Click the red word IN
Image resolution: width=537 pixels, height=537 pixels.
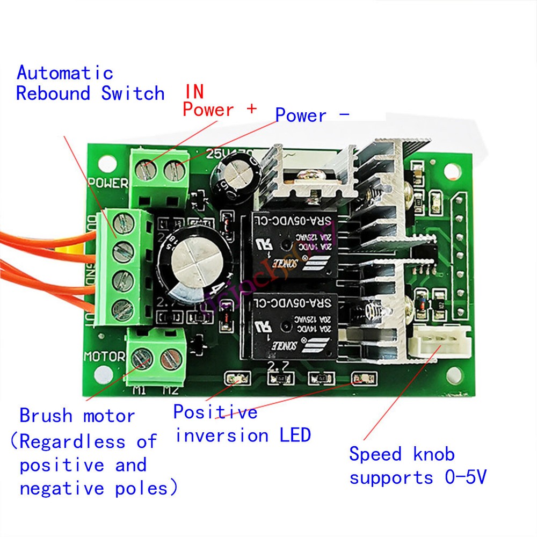[194, 91]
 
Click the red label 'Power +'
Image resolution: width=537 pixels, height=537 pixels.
[219, 110]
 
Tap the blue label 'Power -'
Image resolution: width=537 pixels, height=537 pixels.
[312, 115]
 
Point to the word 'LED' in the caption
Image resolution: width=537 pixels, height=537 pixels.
[295, 435]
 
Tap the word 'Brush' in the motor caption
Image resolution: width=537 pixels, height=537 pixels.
[45, 416]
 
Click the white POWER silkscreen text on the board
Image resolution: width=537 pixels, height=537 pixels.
[108, 183]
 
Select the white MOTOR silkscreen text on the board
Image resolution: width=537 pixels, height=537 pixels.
[104, 357]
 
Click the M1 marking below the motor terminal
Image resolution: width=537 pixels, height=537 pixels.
[140, 390]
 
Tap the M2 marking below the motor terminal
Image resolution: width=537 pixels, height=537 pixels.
[170, 390]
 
